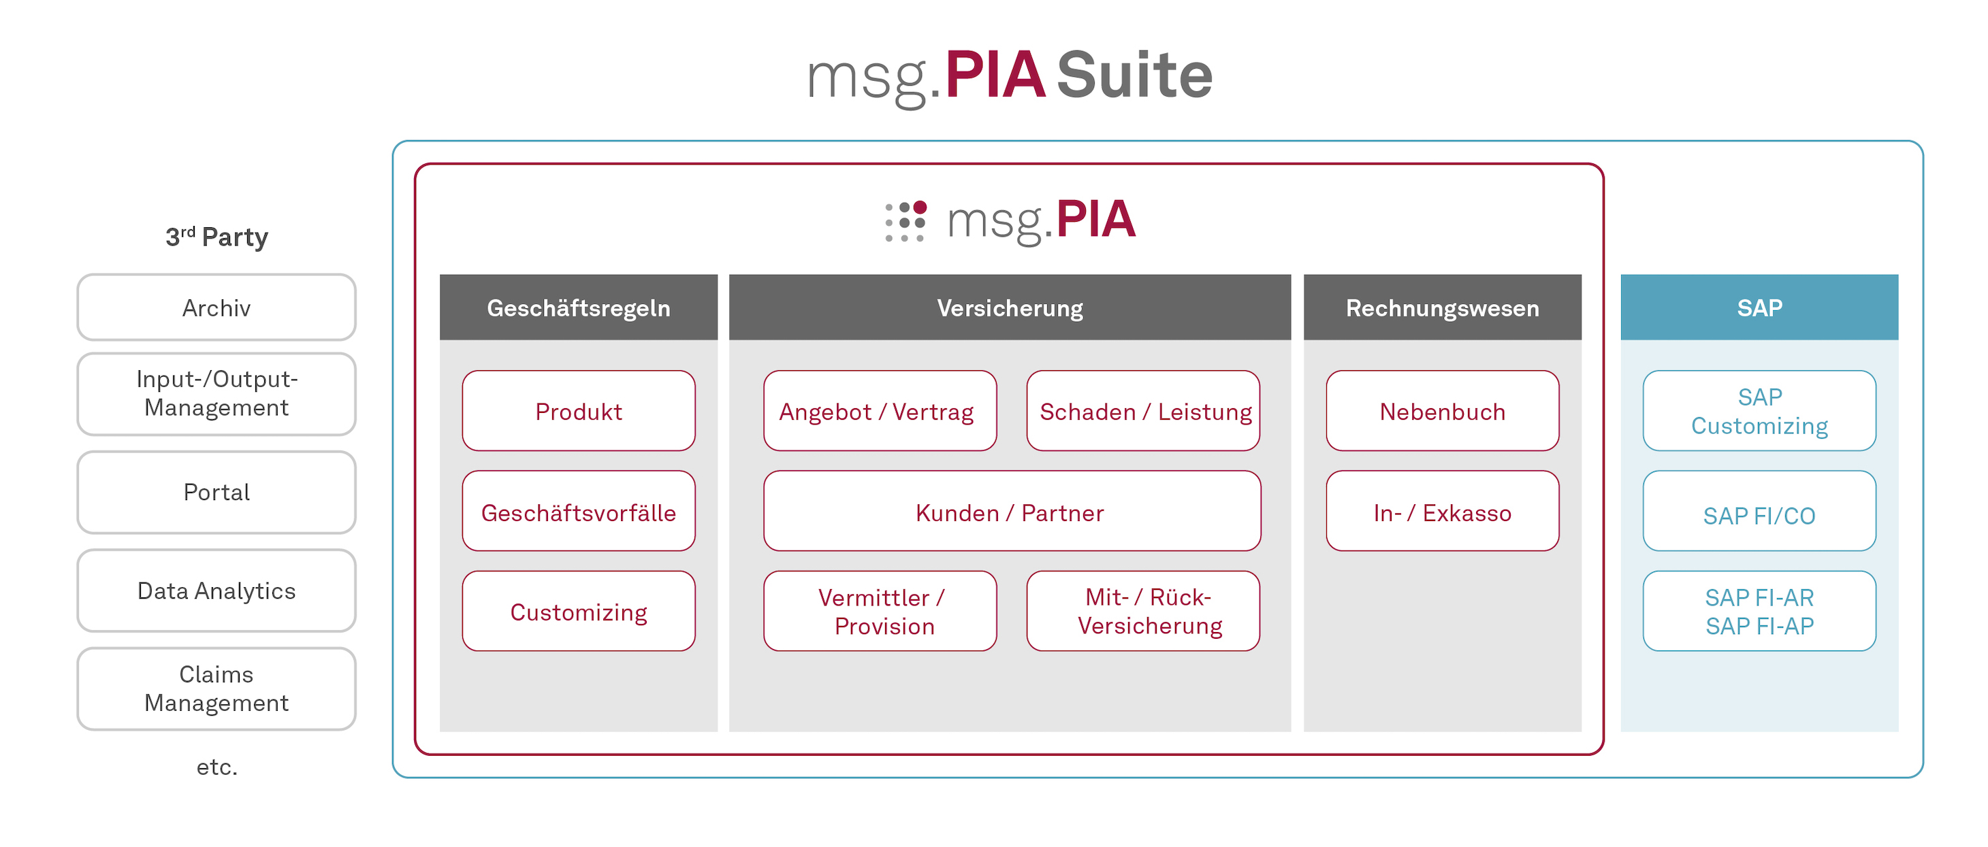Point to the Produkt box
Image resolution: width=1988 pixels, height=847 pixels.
579,410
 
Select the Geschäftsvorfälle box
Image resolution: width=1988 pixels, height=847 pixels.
579,511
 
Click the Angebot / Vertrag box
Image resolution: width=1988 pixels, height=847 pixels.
880,410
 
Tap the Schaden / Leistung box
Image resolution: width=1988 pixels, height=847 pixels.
1143,410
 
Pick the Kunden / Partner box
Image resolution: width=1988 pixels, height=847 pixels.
1012,511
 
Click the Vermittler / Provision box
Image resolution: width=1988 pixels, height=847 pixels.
880,611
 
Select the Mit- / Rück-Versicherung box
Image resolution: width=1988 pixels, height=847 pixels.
1143,611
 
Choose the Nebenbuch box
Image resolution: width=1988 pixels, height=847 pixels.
1443,410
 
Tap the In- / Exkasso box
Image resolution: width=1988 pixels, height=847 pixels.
1443,511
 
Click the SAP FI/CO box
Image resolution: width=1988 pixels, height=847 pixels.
1759,511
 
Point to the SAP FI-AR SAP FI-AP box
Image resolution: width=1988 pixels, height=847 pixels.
1759,611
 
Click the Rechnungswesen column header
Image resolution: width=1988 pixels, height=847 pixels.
1443,307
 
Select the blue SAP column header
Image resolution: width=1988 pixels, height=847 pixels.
1759,307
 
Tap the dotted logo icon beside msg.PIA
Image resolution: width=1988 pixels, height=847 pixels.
905,222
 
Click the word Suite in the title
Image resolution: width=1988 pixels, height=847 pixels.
1134,75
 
